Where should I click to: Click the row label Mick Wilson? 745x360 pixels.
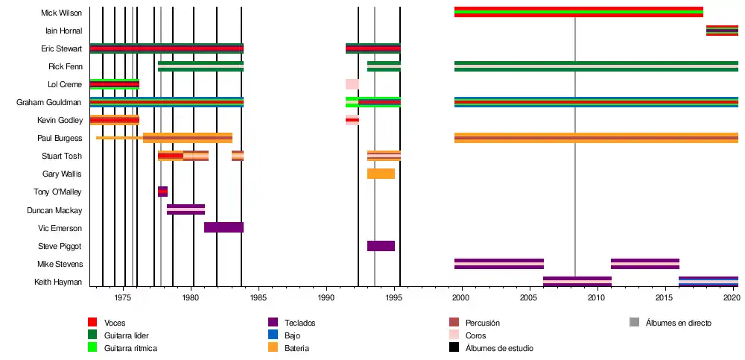pos(62,13)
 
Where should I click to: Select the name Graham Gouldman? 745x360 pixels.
pos(49,102)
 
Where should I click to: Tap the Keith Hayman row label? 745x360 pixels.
pos(58,282)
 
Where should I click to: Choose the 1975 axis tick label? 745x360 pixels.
pos(123,298)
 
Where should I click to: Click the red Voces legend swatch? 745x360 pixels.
pos(92,323)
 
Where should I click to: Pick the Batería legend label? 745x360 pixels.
pos(297,348)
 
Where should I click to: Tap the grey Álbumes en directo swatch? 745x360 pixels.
pos(634,323)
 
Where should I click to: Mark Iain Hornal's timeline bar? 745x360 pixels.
pos(722,31)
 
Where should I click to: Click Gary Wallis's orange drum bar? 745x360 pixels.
pos(381,174)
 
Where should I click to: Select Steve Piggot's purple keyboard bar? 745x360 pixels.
pos(381,246)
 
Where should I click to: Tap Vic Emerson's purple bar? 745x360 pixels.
pos(223,227)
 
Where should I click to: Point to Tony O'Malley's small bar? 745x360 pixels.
pos(162,192)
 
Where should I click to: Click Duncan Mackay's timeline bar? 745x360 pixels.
pos(186,209)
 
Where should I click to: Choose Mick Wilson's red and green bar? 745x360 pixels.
pos(578,12)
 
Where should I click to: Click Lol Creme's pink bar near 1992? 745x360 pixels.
pos(352,84)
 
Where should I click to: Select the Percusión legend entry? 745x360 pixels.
pos(482,323)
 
